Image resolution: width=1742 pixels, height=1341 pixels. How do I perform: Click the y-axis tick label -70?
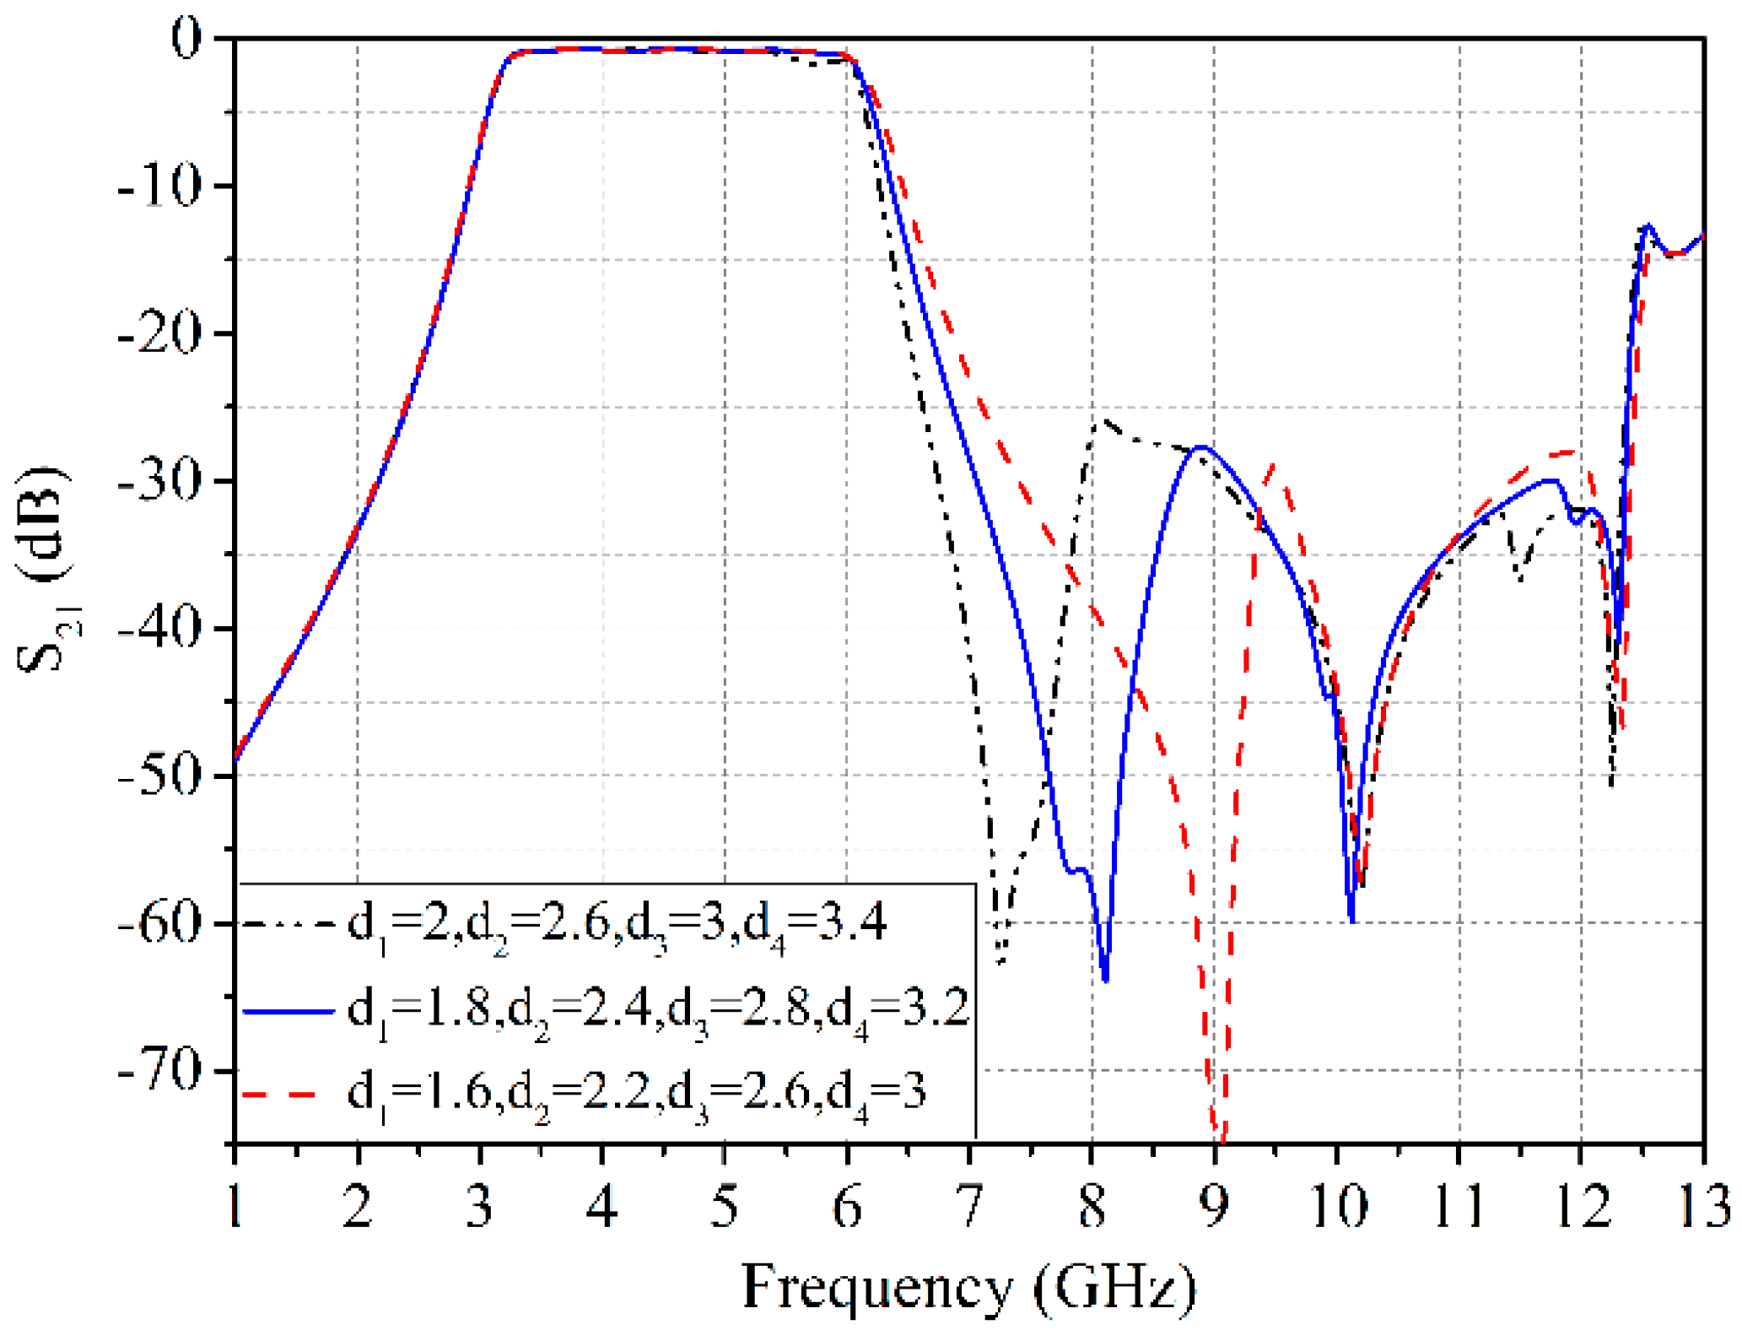point(159,1070)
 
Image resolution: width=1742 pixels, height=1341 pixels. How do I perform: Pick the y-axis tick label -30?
point(159,481)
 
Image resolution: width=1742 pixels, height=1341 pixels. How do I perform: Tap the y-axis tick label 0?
point(186,39)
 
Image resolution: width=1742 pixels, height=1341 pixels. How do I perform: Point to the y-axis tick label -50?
point(159,775)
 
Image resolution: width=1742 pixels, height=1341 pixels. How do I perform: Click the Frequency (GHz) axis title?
point(968,1287)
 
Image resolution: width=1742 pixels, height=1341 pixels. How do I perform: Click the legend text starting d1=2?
point(618,925)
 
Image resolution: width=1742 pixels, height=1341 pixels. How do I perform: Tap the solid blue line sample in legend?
point(289,1010)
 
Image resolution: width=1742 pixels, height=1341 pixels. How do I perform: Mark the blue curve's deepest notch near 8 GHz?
point(1105,979)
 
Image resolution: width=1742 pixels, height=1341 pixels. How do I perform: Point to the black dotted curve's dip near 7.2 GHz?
point(1000,962)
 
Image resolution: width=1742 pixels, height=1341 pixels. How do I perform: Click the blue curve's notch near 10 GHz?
point(1351,920)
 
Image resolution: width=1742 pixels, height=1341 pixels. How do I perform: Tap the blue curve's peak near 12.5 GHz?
point(1648,225)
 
